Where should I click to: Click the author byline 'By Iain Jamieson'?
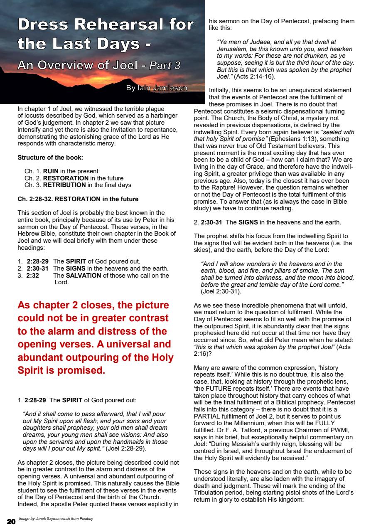157,88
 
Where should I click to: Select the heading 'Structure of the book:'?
50,158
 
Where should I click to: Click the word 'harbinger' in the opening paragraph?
164,116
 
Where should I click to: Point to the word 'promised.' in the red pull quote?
81,370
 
